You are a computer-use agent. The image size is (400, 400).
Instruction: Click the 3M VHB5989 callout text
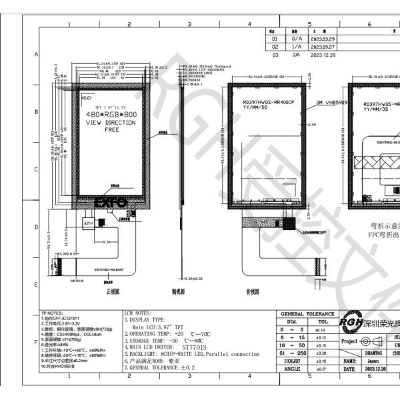tap(331, 103)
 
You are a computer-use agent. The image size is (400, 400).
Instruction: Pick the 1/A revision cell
tap(297, 47)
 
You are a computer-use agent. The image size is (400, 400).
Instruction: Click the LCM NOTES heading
tap(138, 312)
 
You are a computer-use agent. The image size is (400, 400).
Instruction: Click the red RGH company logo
tap(351, 323)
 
